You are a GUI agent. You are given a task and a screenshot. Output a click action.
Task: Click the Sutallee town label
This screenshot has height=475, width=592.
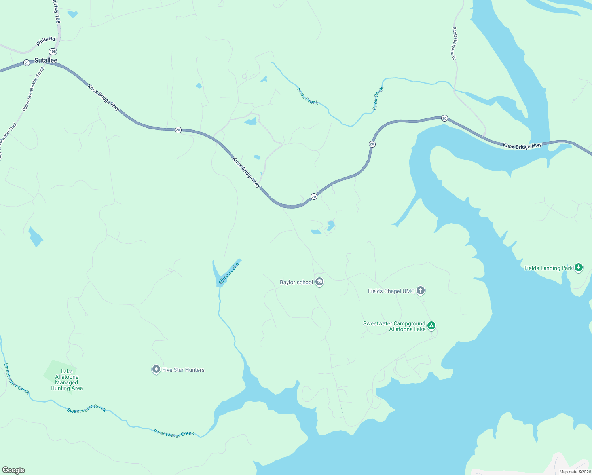(46, 60)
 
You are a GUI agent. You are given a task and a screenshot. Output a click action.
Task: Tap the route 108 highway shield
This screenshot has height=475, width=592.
(53, 51)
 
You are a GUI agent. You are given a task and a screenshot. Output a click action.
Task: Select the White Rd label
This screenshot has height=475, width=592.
(46, 41)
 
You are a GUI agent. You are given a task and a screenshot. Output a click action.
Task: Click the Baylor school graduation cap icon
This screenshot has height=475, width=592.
(320, 282)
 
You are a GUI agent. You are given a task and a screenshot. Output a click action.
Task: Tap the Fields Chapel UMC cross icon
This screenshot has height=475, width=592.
(421, 291)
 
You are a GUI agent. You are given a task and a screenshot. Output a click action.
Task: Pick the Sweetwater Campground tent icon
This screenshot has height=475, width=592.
(431, 326)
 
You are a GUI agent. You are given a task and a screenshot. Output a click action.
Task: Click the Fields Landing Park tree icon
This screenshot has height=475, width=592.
(579, 268)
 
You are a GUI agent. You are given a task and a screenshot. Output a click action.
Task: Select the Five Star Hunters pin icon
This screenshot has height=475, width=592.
(156, 370)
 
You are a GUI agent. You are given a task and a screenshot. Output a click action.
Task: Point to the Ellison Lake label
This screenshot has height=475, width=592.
(229, 273)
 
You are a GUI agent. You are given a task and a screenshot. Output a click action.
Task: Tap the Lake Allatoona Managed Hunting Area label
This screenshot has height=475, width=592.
(66, 380)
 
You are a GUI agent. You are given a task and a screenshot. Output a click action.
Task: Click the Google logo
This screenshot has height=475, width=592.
(13, 470)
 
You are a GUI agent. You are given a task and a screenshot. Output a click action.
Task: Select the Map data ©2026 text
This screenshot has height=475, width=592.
(575, 472)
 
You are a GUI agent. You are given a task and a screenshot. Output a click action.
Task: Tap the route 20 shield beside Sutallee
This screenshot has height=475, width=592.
(27, 63)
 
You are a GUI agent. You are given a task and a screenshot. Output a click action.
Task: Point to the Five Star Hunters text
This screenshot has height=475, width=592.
(183, 370)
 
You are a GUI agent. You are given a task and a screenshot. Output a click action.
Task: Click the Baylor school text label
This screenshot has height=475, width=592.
(296, 282)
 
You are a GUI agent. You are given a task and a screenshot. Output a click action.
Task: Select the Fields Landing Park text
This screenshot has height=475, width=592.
(548, 268)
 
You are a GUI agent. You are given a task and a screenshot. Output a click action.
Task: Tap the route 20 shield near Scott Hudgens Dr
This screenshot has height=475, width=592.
(444, 118)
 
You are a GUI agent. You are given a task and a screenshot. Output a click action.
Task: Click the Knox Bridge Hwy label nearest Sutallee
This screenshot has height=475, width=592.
(103, 97)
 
